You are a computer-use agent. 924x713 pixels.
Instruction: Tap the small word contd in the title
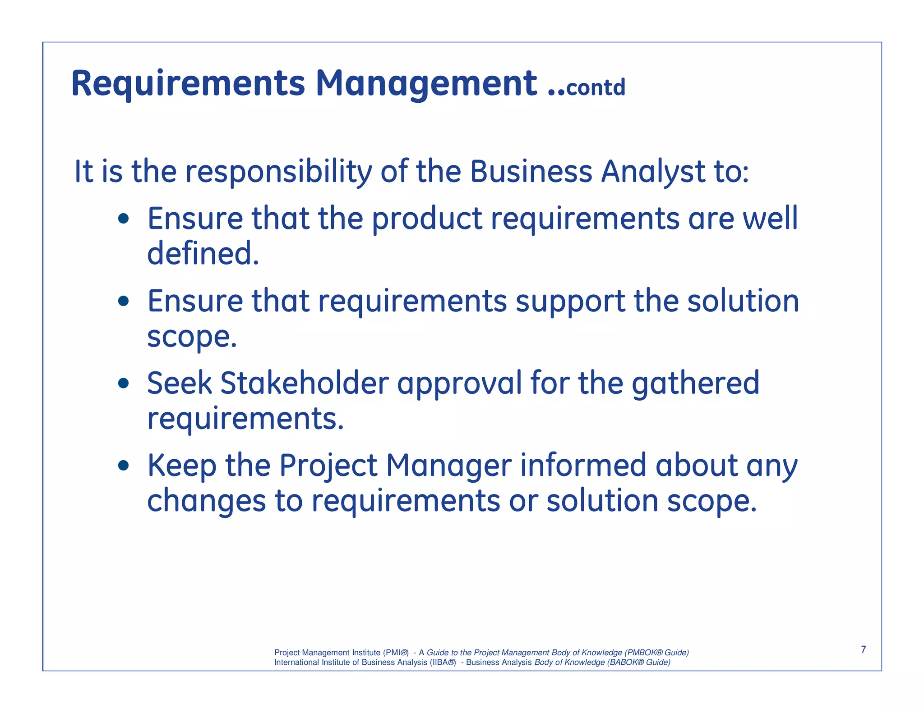point(596,87)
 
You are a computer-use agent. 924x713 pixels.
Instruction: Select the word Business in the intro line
point(531,172)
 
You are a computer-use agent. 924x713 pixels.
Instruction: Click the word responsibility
point(279,172)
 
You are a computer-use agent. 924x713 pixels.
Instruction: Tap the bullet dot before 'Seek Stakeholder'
point(124,384)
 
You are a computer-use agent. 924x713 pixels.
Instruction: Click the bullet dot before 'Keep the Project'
point(124,466)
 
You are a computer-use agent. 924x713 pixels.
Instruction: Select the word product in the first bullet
point(427,219)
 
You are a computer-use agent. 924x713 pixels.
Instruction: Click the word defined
point(203,254)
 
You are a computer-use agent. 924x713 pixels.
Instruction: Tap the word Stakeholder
point(304,383)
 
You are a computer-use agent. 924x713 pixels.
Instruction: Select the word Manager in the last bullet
point(448,466)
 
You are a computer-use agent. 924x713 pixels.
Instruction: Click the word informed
point(583,465)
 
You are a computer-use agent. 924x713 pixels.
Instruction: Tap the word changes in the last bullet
point(206,502)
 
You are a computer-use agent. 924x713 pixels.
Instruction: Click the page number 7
point(863,649)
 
